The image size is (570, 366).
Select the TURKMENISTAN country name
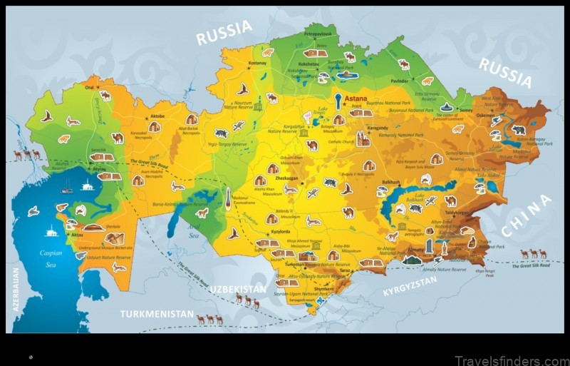156,313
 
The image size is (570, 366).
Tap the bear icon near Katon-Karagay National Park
519,130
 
